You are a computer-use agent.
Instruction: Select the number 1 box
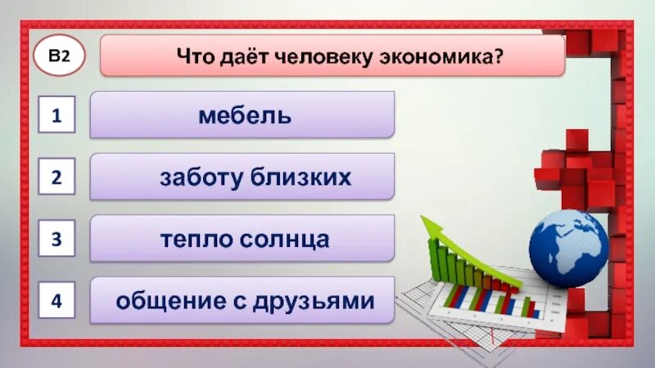pos(57,116)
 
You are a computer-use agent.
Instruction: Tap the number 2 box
pos(57,177)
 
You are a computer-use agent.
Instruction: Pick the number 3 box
pos(57,239)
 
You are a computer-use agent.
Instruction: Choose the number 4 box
pos(57,300)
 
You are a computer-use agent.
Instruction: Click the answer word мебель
pos(244,115)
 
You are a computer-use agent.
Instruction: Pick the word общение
pos(165,301)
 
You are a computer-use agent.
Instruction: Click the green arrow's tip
pos(423,218)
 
